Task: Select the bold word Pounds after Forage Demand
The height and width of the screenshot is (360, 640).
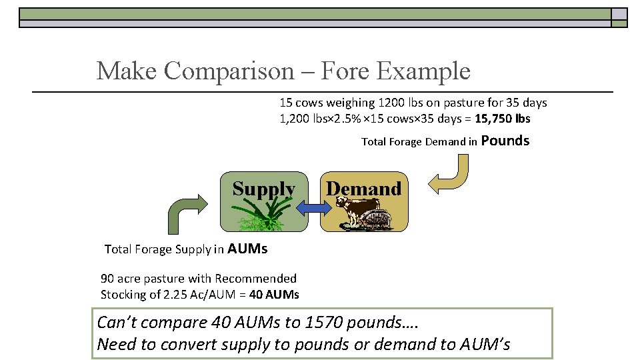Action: [x=505, y=141]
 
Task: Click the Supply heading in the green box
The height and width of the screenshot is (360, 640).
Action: [x=263, y=189]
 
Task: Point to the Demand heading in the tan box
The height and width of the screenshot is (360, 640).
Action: [x=363, y=189]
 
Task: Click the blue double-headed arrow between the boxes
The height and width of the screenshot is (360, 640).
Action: [x=308, y=209]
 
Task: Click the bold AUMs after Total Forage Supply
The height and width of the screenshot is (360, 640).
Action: [x=247, y=249]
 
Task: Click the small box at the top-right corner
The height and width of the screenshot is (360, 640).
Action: [x=619, y=15]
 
